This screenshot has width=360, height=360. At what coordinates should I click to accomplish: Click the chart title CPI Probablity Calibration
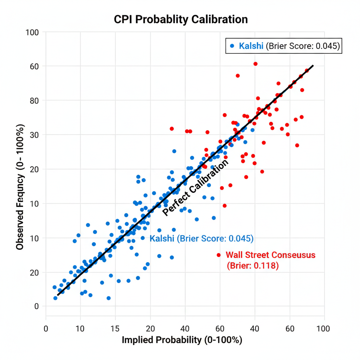point(181,19)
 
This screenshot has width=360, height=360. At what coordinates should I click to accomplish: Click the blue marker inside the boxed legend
point(232,46)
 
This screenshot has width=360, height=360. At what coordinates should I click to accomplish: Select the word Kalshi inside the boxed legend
point(251,46)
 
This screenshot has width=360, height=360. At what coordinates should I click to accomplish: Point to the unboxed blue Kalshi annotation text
point(201,238)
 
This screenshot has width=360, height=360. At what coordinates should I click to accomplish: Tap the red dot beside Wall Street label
point(219,255)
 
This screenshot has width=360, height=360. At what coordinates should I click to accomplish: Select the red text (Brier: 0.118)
point(253,266)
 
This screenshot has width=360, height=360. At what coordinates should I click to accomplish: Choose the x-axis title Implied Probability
point(182,340)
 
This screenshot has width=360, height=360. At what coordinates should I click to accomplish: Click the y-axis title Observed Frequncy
point(20,187)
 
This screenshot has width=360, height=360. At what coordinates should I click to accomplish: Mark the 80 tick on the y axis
point(34,101)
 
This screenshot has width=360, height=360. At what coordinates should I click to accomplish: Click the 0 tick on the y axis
point(36,306)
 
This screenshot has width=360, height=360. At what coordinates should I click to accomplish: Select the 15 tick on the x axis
point(115,329)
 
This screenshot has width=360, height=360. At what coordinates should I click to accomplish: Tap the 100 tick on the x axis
point(323,329)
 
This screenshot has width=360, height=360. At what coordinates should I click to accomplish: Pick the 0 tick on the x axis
point(46,329)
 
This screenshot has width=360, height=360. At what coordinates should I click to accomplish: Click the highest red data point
point(255,64)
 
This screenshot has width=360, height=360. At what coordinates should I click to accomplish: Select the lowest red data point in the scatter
point(225,206)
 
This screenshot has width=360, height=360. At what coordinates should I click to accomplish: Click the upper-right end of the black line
point(313,66)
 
